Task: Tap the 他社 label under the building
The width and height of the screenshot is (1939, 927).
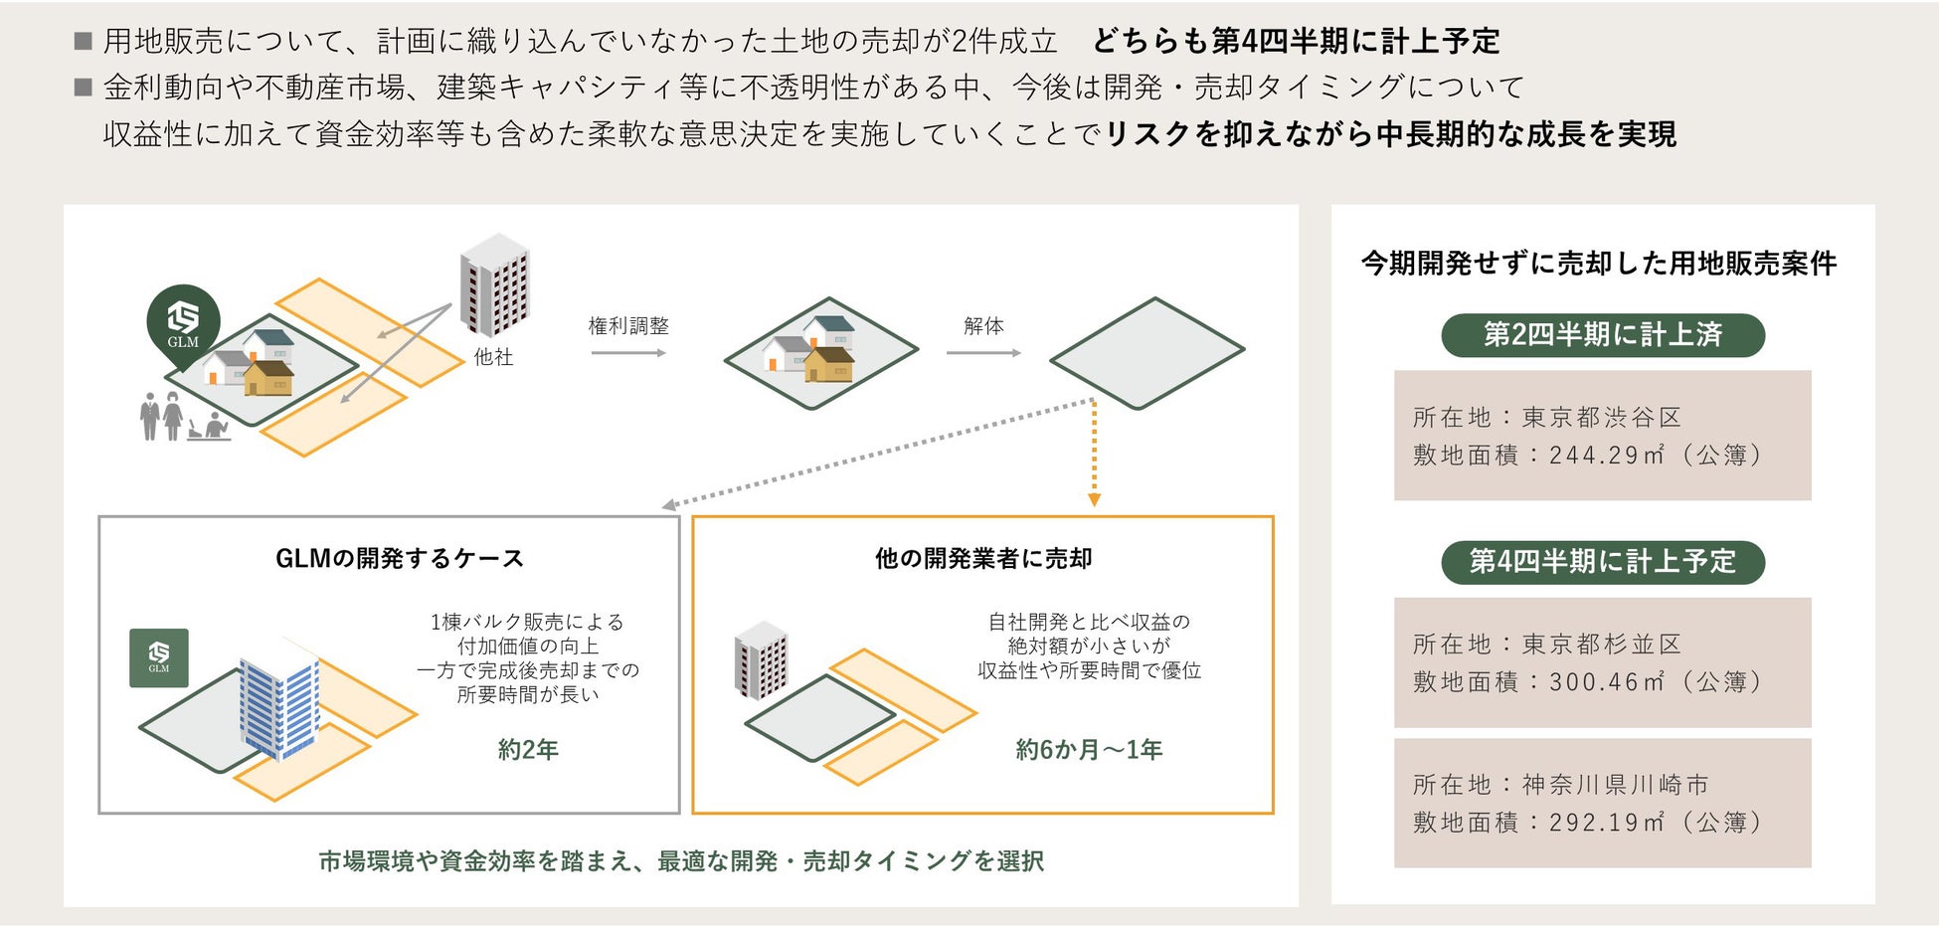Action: [493, 357]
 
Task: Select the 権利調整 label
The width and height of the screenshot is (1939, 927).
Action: [628, 326]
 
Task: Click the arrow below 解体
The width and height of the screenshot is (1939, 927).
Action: [983, 353]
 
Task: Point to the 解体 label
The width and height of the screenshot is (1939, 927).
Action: [983, 326]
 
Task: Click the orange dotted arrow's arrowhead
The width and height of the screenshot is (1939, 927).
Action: [1094, 499]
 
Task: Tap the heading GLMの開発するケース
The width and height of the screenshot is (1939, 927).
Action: [399, 559]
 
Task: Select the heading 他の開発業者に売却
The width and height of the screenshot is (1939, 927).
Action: [983, 559]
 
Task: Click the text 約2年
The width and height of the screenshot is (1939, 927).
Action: [528, 750]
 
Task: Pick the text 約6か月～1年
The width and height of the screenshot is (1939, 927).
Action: [1089, 750]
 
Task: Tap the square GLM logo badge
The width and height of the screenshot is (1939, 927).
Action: [159, 657]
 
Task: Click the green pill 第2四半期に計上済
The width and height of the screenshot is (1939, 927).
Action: [1602, 335]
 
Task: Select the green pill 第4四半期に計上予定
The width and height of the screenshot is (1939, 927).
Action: [1602, 562]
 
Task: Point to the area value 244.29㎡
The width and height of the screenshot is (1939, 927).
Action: [1606, 456]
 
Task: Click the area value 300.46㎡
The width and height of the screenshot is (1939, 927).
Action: [1606, 682]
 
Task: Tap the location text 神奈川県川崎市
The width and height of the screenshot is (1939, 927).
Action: [1615, 786]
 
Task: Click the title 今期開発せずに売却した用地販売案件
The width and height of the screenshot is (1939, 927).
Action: [1599, 264]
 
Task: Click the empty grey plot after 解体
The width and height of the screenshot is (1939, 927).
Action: [1147, 353]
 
